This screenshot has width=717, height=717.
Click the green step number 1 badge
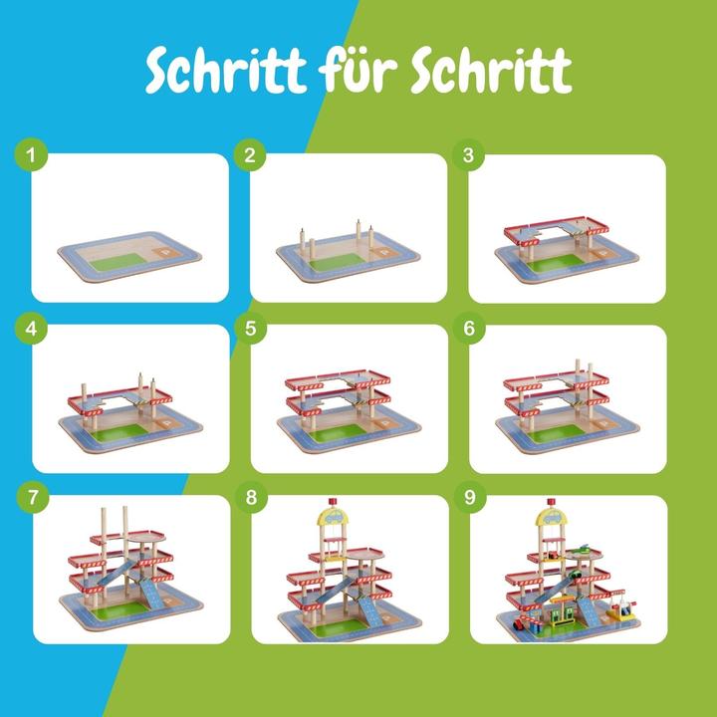pyautogui.click(x=32, y=155)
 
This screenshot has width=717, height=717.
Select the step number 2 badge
pyautogui.click(x=250, y=155)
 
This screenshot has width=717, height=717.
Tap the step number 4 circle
pyautogui.click(x=32, y=326)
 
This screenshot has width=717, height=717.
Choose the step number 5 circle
pyautogui.click(x=250, y=326)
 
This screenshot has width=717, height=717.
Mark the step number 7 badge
pyautogui.click(x=32, y=497)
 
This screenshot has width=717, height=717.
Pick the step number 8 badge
pyautogui.click(x=250, y=497)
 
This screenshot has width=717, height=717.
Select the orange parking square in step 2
pyautogui.click(x=386, y=255)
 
